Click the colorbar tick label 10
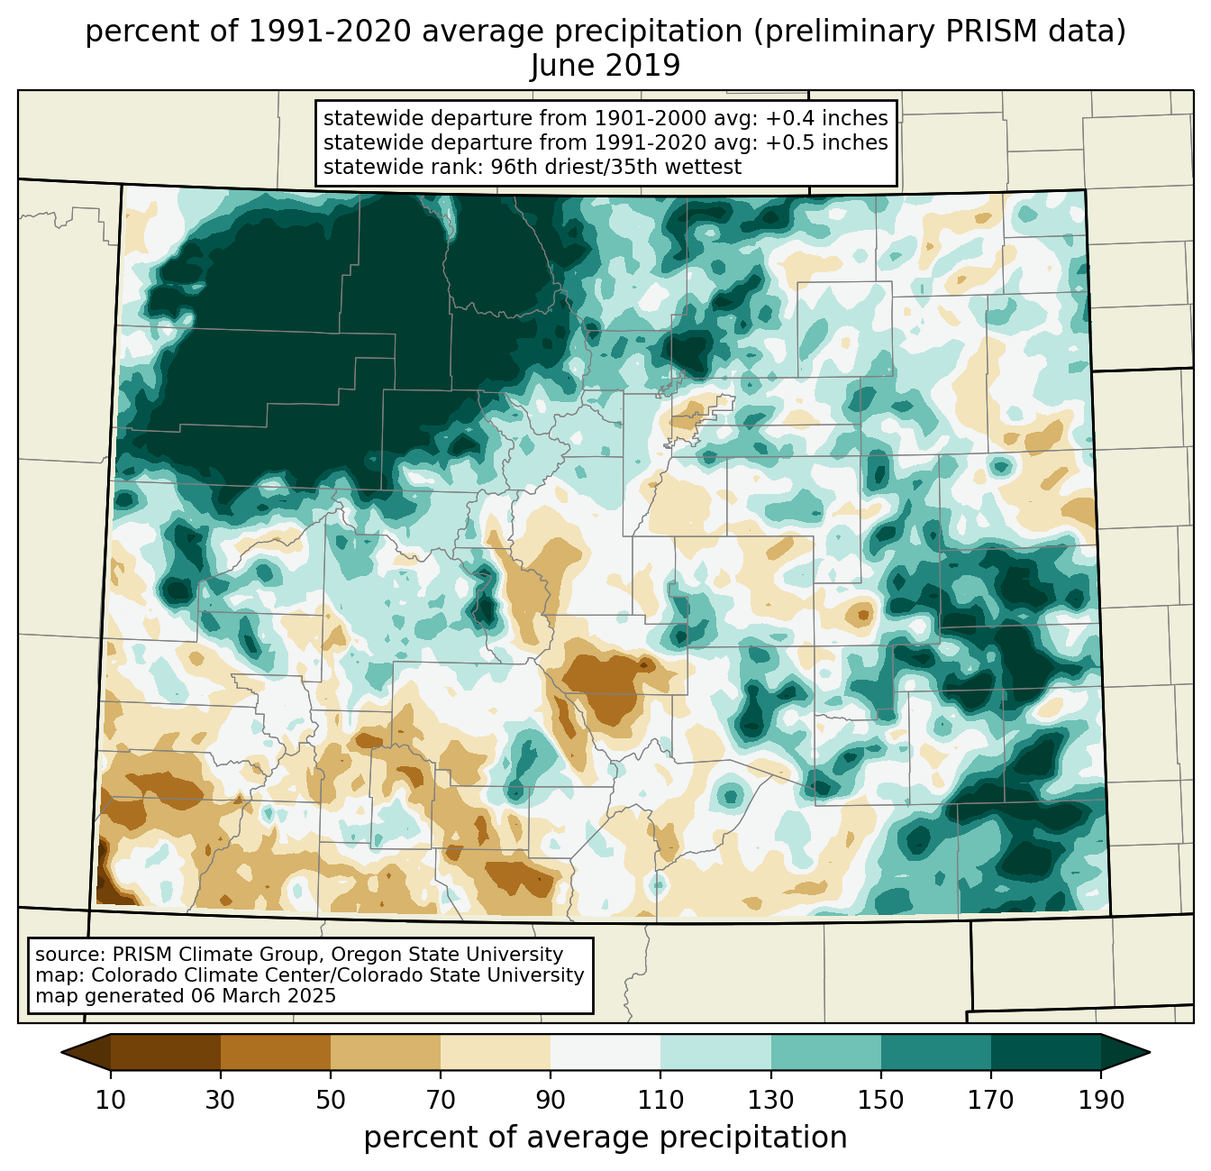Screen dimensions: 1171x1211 (x=111, y=1101)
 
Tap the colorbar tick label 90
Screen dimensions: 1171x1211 (x=551, y=1101)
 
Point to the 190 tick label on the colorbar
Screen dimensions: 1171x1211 (x=1101, y=1101)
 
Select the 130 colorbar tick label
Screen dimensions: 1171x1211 (x=771, y=1101)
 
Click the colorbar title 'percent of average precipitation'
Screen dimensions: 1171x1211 (x=605, y=1138)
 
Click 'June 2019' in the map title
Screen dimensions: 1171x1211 (x=605, y=66)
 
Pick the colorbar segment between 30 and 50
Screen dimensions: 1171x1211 (x=276, y=1052)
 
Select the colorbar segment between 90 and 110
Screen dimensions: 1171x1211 (x=605, y=1052)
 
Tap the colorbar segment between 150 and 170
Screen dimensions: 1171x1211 (x=936, y=1052)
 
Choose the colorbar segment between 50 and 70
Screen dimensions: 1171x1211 (x=386, y=1052)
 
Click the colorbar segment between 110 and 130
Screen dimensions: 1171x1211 (x=715, y=1052)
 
